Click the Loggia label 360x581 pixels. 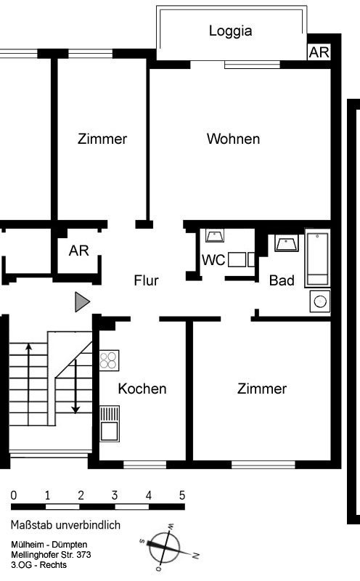click(230, 31)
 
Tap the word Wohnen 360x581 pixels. click(233, 139)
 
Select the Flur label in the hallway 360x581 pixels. click(146, 280)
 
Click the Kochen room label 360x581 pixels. click(142, 389)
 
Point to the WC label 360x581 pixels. click(213, 260)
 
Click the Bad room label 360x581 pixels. click(282, 280)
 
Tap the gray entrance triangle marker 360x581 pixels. click(82, 301)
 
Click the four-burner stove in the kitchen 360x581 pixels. click(110, 360)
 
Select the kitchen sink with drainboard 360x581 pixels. click(110, 423)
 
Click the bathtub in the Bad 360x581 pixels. click(317, 258)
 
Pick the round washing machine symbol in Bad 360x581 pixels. click(320, 301)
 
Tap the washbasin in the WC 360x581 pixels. click(215, 235)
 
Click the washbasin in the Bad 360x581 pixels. click(287, 243)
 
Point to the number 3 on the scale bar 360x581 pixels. click(115, 495)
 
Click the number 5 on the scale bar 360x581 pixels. click(182, 495)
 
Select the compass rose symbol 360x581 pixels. click(165, 548)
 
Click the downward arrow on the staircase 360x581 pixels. click(75, 386)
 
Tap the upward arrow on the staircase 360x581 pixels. click(29, 383)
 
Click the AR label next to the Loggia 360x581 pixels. click(319, 52)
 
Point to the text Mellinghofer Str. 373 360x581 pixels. click(51, 555)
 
